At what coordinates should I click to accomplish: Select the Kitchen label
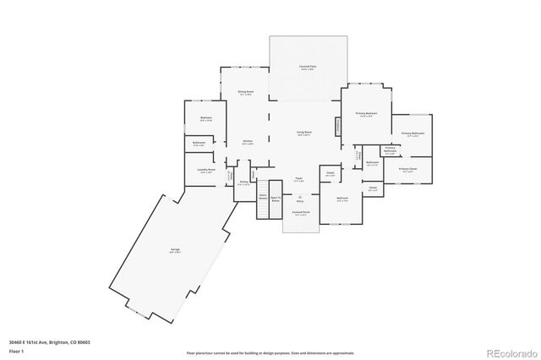[248, 142]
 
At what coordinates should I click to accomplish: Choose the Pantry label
[243, 183]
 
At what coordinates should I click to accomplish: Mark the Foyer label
[298, 179]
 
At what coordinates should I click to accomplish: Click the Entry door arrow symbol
[299, 196]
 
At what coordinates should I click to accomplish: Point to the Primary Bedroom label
[366, 114]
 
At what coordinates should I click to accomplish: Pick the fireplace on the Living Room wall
[338, 125]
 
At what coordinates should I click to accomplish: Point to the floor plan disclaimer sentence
[270, 352]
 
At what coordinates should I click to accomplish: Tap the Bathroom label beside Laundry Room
[199, 143]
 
